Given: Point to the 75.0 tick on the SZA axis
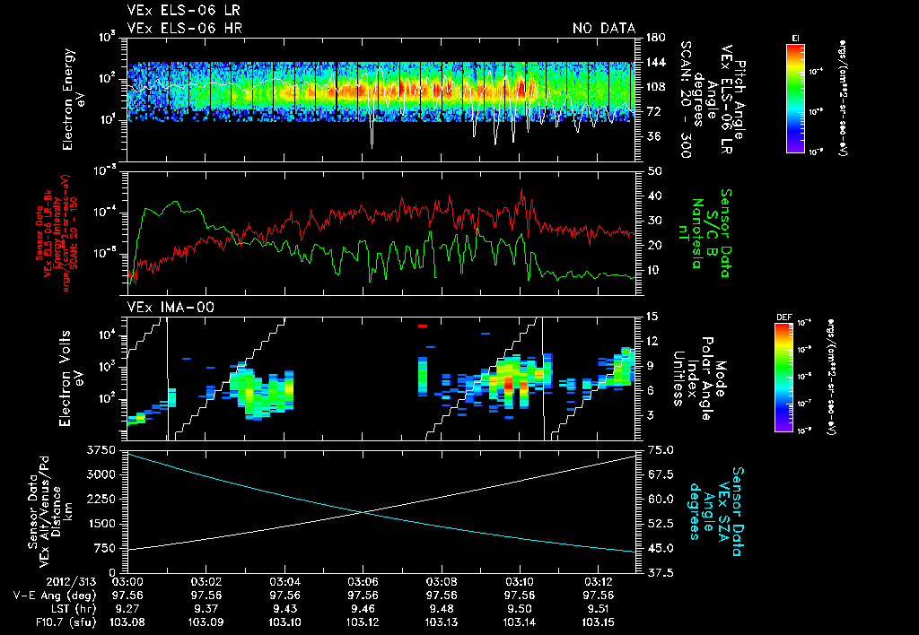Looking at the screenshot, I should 661,448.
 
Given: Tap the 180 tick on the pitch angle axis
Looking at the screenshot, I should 654,38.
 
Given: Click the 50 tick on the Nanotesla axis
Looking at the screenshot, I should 653,170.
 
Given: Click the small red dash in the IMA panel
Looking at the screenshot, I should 423,327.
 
